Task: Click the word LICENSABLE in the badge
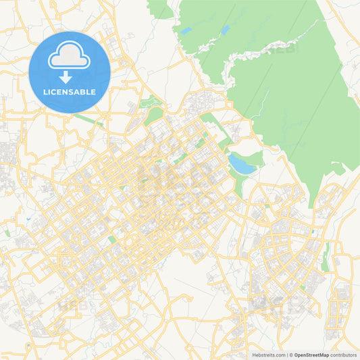70,91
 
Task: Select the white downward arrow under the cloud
66,77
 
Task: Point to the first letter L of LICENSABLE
45,91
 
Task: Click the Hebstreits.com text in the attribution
267,355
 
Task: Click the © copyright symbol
290,355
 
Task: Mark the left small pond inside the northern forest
185,31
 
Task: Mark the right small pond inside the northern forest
224,30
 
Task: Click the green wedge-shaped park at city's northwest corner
153,115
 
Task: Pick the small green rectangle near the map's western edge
7,232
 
